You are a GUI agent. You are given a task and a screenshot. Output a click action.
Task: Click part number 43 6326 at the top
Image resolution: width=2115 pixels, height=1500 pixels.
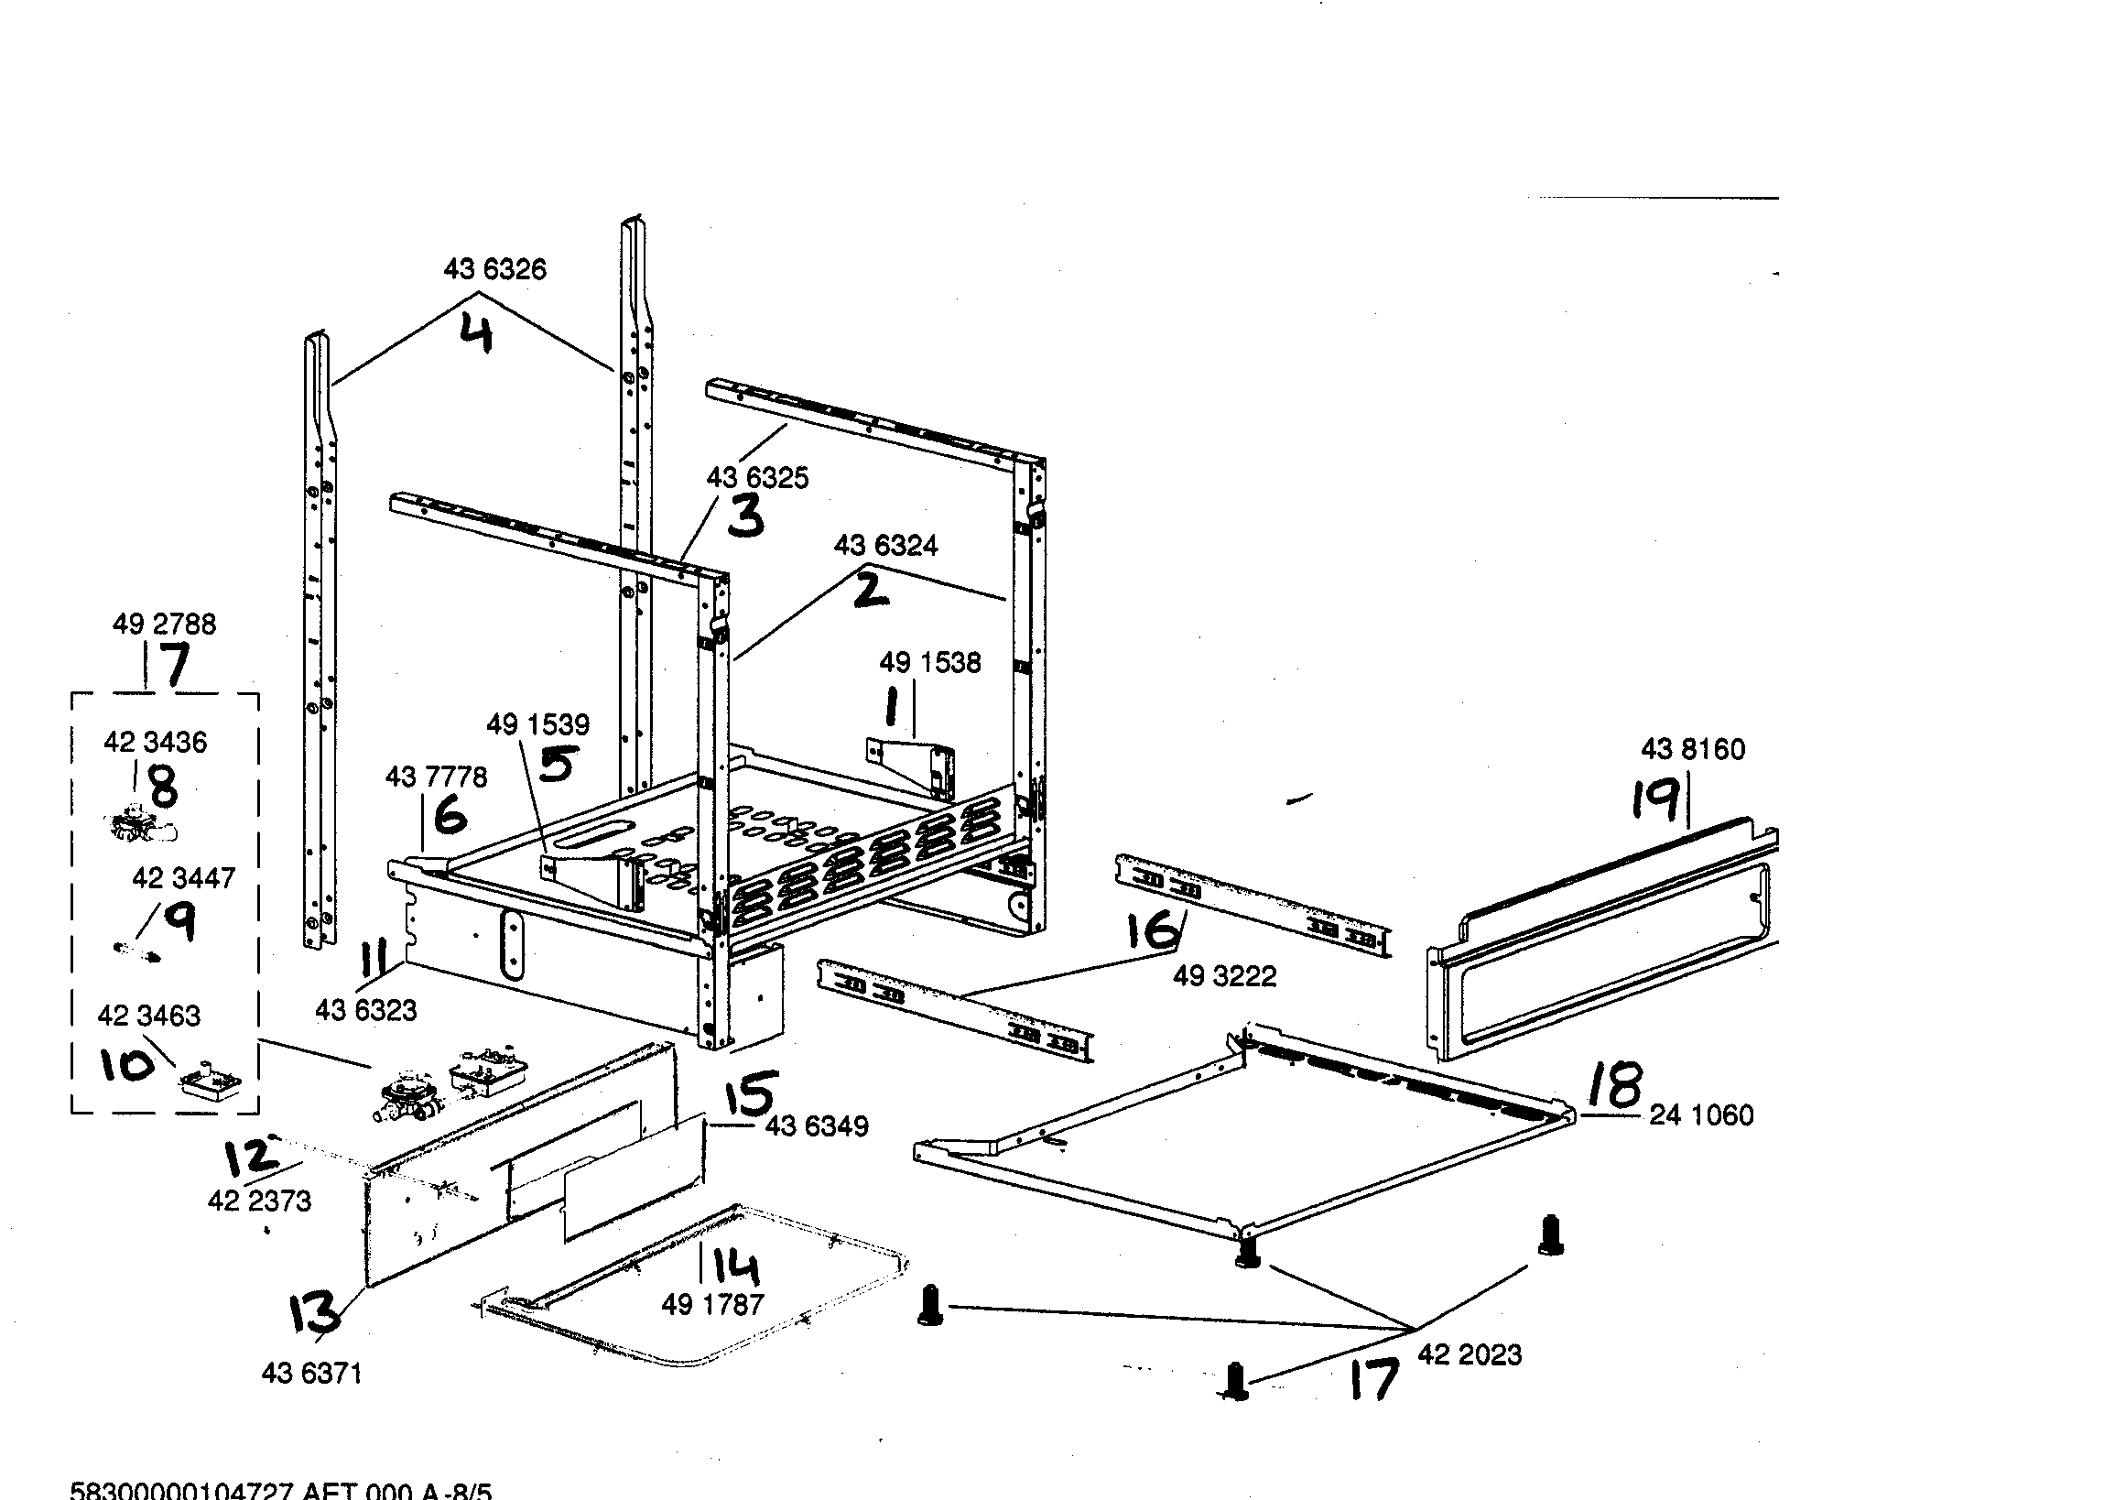pos(494,270)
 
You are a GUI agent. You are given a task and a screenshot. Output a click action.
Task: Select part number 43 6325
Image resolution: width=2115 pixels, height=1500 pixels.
pos(756,477)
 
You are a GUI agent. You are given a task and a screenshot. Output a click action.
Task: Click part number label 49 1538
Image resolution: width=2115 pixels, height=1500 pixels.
pos(929,662)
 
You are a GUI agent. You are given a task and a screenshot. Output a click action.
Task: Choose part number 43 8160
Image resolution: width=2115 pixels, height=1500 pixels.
pos(1692,749)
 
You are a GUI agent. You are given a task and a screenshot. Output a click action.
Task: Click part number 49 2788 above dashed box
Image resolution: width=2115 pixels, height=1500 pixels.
pos(165,625)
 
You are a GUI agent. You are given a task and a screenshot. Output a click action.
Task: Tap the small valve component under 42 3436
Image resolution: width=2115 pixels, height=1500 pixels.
pos(140,827)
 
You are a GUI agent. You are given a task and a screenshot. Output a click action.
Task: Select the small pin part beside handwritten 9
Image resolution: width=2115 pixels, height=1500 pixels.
pos(136,951)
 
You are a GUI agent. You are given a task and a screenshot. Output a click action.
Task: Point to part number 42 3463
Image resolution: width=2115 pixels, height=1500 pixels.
pos(148,1016)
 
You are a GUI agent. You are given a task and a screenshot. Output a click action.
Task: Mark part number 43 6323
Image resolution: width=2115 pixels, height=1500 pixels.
pos(365,1010)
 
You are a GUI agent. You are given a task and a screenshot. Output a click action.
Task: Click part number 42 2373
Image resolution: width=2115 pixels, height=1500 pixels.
pos(258,1201)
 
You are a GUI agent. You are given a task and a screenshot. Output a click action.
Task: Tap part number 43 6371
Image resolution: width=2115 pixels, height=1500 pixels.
pos(311,1374)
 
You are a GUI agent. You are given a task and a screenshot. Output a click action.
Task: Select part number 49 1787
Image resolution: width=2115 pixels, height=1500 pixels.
pos(712,1304)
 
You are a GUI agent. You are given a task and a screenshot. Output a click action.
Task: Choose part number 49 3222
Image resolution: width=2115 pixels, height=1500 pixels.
pos(1224,976)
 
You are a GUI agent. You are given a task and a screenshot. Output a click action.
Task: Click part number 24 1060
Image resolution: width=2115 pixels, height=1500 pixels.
pos(1700,1114)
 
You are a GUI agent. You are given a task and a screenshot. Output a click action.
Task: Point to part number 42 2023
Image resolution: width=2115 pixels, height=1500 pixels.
pos(1469,1355)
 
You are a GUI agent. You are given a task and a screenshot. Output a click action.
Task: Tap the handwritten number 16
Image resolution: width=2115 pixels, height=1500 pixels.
pos(1155,929)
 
